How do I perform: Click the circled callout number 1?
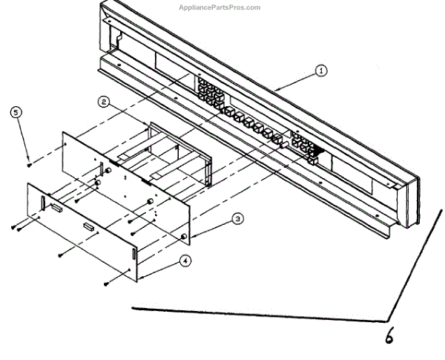(321, 71)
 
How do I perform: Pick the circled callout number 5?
(17, 112)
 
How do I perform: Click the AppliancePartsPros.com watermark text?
(220, 7)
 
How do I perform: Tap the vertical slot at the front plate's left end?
(43, 201)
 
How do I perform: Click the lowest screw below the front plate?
(107, 283)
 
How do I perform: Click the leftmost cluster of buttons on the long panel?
(210, 93)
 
